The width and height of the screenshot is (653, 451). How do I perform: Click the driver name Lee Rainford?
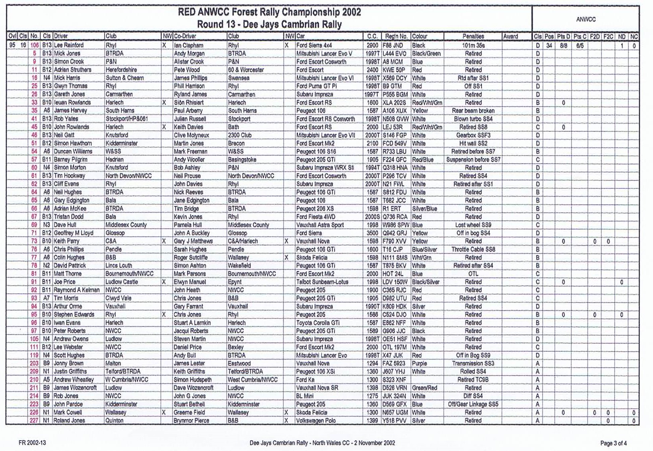(x=69, y=45)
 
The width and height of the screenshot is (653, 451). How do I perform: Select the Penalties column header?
(x=473, y=36)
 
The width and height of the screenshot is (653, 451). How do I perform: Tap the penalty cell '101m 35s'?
(x=473, y=45)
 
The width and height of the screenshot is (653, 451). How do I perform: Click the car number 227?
(x=34, y=420)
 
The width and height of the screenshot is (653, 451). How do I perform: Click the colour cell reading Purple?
(x=419, y=363)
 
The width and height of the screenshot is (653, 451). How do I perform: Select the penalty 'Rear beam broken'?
(x=473, y=111)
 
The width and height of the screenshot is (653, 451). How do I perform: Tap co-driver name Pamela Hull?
(x=187, y=225)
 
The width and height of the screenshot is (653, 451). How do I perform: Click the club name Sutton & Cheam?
(x=124, y=78)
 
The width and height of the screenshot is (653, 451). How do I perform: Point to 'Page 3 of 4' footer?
(x=614, y=443)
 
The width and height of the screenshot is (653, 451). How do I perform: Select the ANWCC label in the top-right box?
(x=586, y=19)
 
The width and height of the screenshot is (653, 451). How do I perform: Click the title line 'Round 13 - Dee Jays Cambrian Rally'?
(x=269, y=24)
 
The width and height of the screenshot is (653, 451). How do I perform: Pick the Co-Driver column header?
(x=185, y=36)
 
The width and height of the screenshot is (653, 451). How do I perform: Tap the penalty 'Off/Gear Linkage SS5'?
(x=473, y=404)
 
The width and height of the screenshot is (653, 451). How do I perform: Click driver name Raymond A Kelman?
(x=77, y=290)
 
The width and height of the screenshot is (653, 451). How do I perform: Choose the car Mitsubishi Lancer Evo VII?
(x=325, y=135)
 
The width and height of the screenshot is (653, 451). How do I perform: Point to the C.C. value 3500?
(x=372, y=233)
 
